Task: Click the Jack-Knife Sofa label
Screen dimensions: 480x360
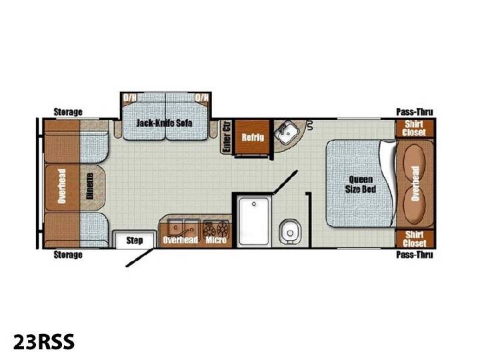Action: click(x=165, y=123)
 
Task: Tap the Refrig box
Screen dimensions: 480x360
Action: click(x=253, y=137)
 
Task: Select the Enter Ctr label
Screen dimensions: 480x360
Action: click(x=227, y=137)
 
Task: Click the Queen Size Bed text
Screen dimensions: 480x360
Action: click(x=361, y=184)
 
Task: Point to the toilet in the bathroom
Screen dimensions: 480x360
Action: click(x=289, y=232)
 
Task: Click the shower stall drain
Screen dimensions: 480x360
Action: click(x=254, y=204)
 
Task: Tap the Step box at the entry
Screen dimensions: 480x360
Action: click(x=135, y=240)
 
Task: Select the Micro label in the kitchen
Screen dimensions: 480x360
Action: click(x=216, y=240)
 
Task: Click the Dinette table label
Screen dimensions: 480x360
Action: click(x=90, y=187)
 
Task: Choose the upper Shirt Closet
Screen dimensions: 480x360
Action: click(x=415, y=128)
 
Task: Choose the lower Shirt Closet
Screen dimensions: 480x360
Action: click(x=415, y=239)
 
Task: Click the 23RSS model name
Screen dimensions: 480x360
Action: click(x=44, y=341)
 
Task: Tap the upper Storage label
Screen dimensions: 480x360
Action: click(x=68, y=112)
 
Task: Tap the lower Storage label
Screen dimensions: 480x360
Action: click(x=68, y=255)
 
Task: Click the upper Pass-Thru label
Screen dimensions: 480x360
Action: click(x=415, y=112)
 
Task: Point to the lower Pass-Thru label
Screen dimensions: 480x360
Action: click(x=415, y=255)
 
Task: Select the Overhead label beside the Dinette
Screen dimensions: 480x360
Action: click(x=62, y=186)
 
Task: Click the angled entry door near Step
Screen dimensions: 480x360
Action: click(x=139, y=257)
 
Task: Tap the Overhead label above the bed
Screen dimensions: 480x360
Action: click(x=415, y=184)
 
